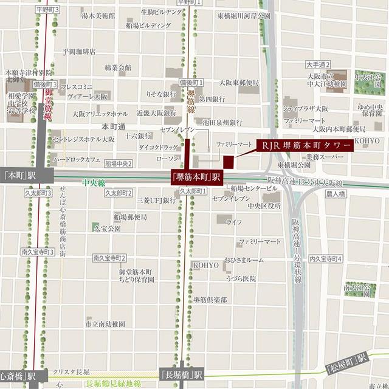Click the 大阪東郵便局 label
(239, 83)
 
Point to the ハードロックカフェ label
(77, 159)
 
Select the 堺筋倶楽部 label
(210, 300)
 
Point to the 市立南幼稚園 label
(105, 325)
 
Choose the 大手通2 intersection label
(318, 64)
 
